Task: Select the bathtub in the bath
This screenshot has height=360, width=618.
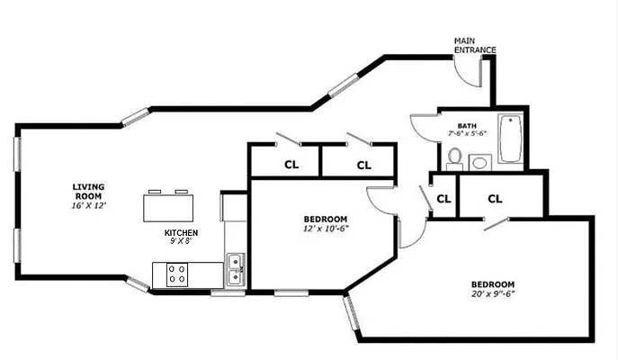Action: click(510, 139)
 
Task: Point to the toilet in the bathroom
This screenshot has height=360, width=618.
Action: click(454, 159)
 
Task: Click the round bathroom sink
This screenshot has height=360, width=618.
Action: click(479, 163)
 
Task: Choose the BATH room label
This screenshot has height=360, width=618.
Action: click(466, 126)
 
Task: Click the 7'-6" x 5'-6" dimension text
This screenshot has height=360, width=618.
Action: click(467, 133)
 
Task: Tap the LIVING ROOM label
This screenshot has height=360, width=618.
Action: click(88, 191)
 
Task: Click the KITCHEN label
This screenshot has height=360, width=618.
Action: click(181, 232)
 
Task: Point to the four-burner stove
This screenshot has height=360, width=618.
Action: click(176, 274)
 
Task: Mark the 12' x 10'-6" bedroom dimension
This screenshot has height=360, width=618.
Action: click(326, 228)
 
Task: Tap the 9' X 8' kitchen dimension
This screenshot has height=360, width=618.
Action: click(181, 241)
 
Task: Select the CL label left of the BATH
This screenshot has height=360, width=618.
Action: click(364, 165)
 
